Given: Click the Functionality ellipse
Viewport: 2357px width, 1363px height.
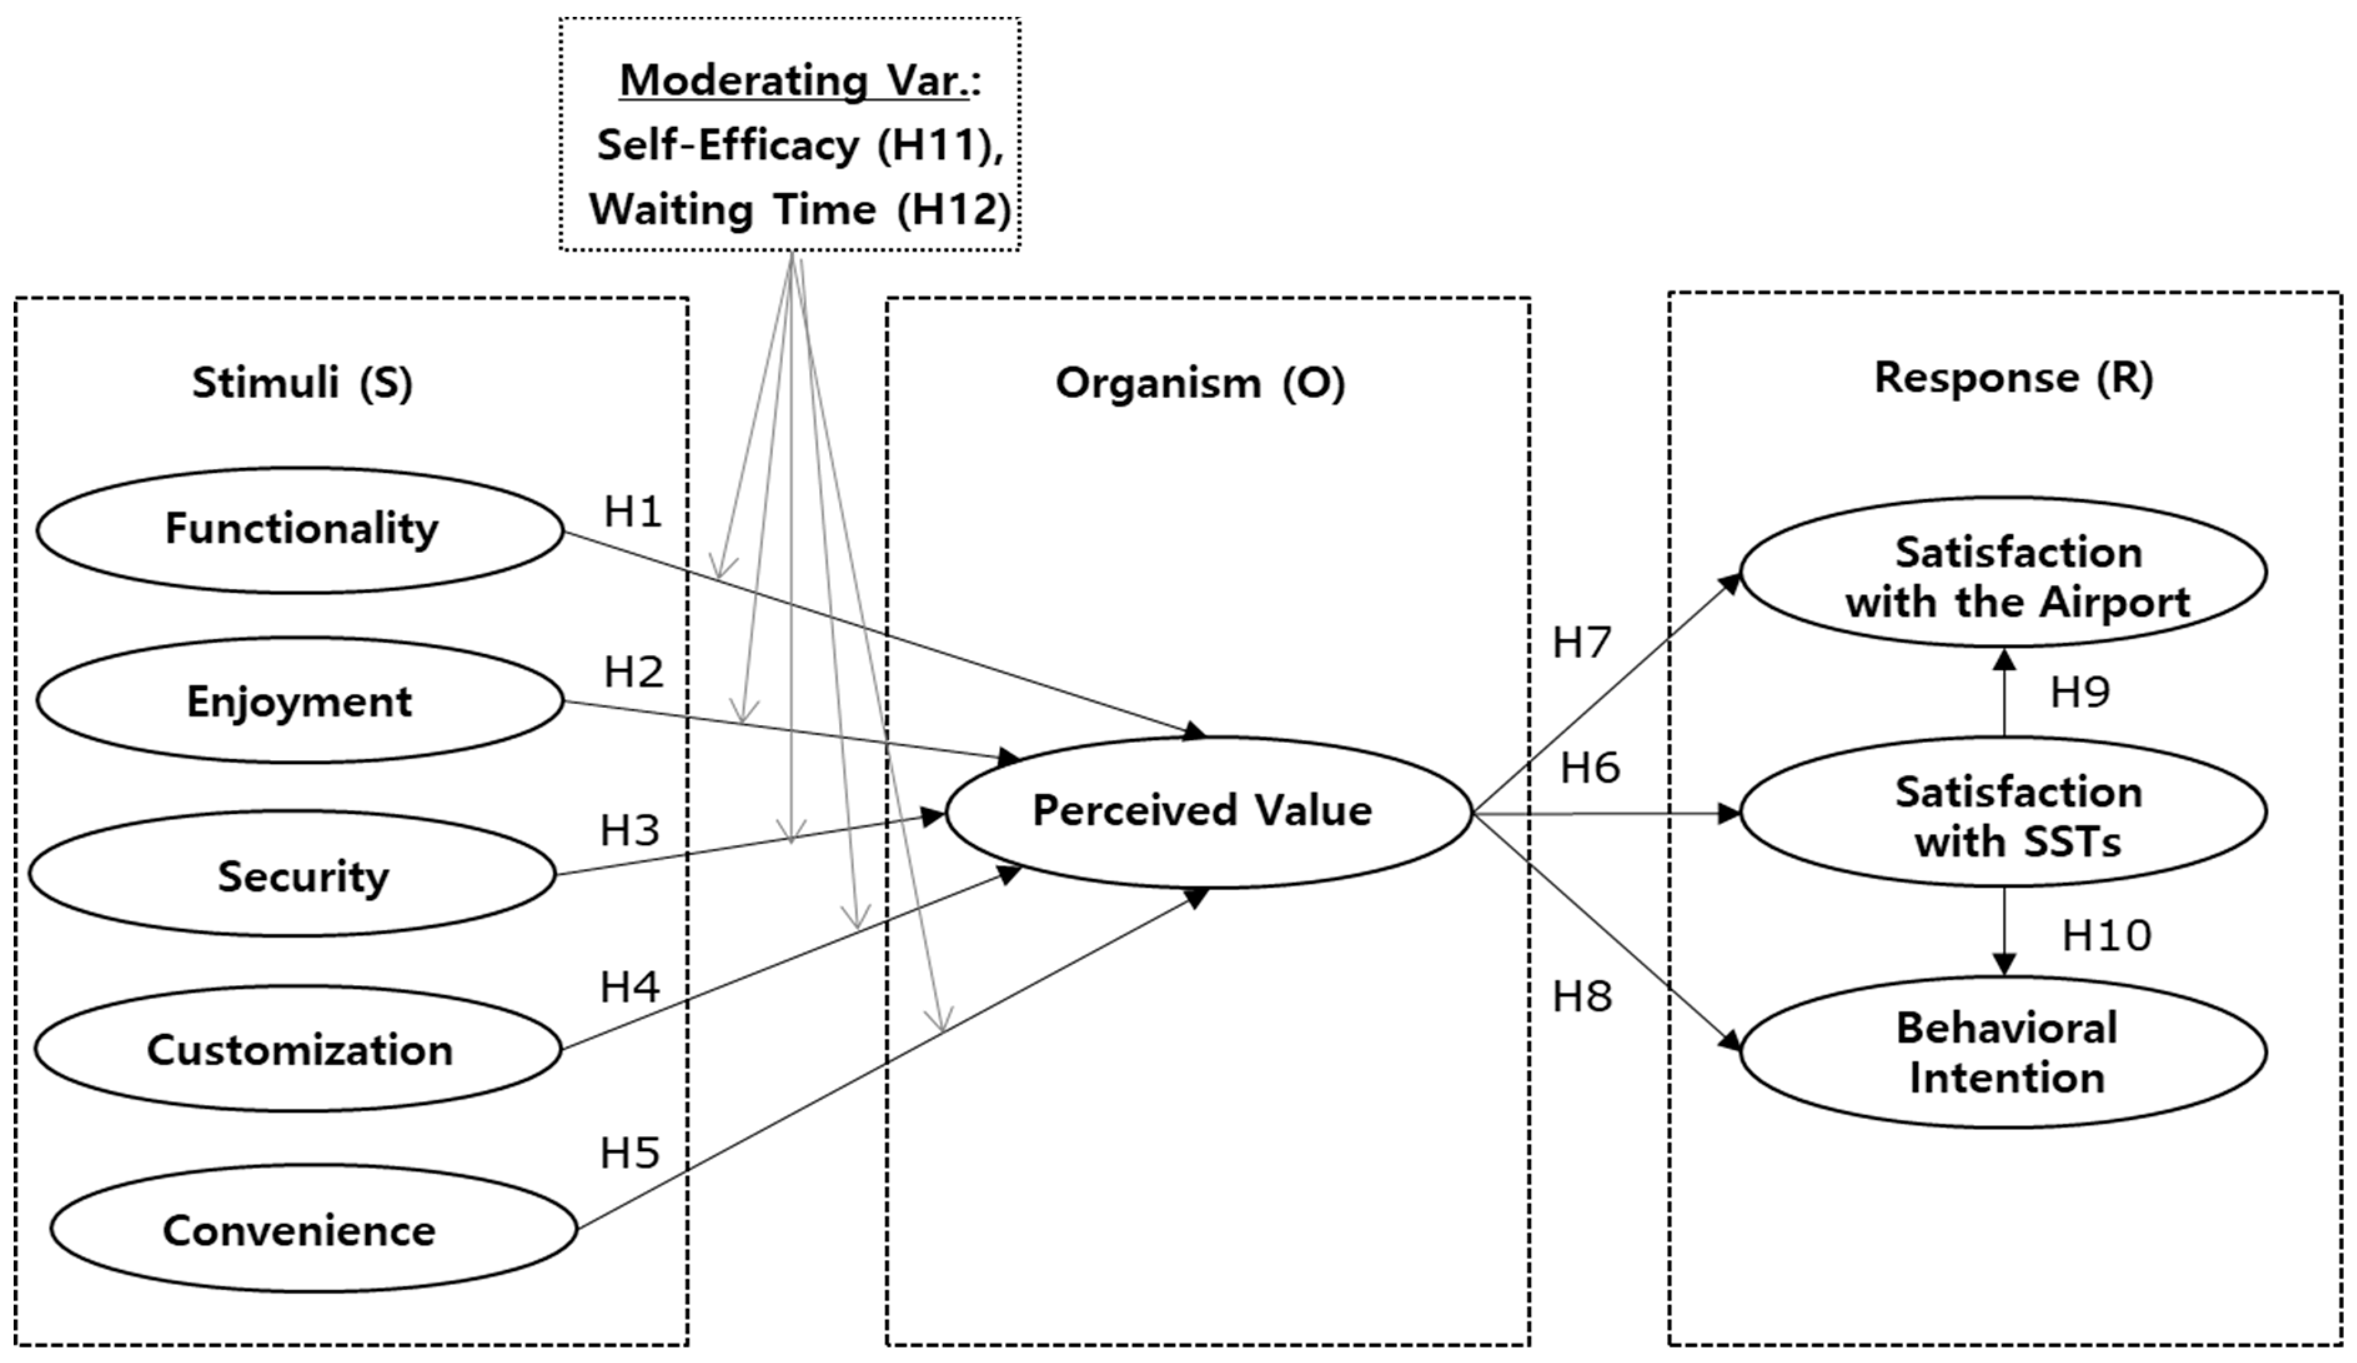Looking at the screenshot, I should [300, 530].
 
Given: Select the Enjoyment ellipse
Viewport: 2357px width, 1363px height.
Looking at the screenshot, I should [300, 701].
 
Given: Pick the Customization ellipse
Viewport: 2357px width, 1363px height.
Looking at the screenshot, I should [299, 1049].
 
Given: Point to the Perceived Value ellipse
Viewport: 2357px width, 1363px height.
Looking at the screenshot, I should [1208, 811].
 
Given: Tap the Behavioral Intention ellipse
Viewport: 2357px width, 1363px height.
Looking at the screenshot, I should [2004, 1053].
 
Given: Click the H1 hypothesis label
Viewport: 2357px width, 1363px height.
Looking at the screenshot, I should [633, 512].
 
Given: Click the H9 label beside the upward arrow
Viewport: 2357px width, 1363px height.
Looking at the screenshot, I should [2080, 692].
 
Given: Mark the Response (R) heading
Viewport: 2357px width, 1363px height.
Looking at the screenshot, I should [2014, 378].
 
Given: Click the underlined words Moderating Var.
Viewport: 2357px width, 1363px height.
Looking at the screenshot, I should [795, 81].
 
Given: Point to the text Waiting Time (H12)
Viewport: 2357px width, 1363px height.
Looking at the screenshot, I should [800, 209].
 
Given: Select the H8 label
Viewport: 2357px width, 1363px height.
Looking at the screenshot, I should [1582, 997].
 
